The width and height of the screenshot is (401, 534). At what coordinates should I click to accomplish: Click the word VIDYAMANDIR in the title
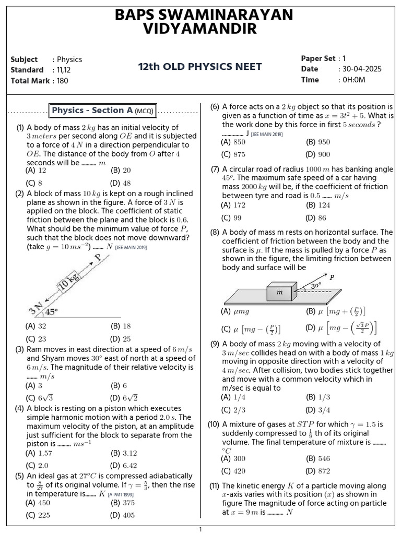pos(200,30)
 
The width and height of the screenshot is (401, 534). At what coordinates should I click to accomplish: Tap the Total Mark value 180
pos(63,81)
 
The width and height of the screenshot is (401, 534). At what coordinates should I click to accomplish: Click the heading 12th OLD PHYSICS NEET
pos(200,67)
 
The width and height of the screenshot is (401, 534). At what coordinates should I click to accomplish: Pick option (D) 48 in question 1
pos(121,183)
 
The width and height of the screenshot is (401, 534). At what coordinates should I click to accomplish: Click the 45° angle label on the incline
pos(51,312)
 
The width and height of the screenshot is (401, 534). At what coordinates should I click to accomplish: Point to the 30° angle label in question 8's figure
pos(316,286)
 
